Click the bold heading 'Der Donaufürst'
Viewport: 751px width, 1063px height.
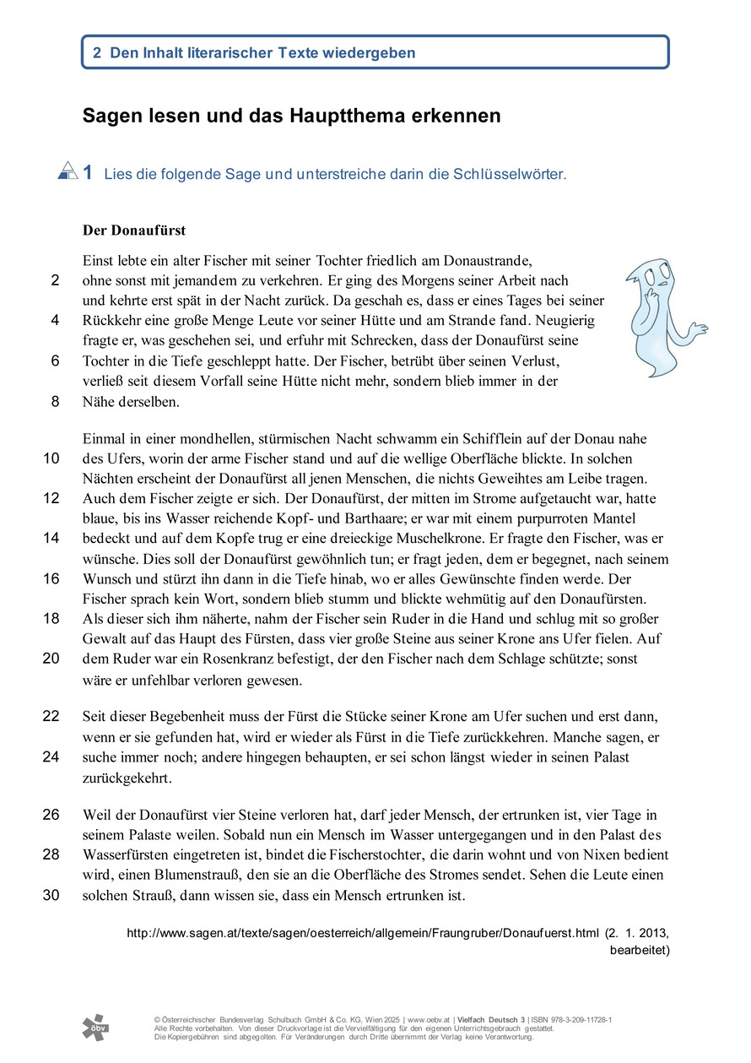click(x=133, y=230)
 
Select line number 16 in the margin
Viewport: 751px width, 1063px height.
click(x=51, y=579)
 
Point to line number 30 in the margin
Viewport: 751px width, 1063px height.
click(x=51, y=895)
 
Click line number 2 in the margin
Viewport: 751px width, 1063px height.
click(x=55, y=281)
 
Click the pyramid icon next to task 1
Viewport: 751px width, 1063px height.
click(x=68, y=171)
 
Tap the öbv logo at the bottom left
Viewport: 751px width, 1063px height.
click(x=95, y=1027)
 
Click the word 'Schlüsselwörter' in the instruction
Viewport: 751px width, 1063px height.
click(x=510, y=175)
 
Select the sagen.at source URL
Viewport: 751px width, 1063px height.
click(x=362, y=934)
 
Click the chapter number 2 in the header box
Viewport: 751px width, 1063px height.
click(x=97, y=52)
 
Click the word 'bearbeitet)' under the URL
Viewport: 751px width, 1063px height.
click(x=640, y=950)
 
